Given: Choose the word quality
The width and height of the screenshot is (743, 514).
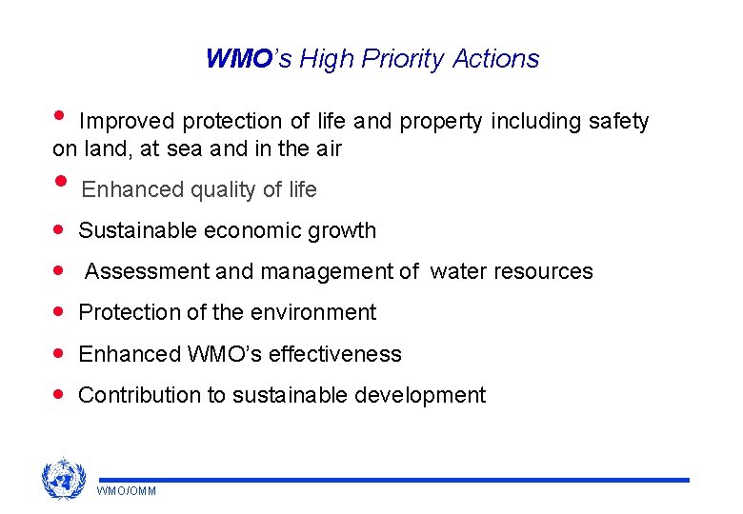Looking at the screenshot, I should pyautogui.click(x=224, y=190).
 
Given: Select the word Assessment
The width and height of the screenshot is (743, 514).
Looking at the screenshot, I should pyautogui.click(x=148, y=272).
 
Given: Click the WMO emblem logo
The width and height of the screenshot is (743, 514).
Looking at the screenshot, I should pyautogui.click(x=63, y=479).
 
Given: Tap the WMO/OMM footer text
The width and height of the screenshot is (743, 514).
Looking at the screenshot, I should pyautogui.click(x=126, y=491).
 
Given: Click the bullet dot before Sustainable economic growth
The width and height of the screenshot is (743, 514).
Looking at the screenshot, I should pyautogui.click(x=60, y=230).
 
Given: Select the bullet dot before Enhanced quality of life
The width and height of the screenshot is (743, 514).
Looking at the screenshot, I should pyautogui.click(x=61, y=183).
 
